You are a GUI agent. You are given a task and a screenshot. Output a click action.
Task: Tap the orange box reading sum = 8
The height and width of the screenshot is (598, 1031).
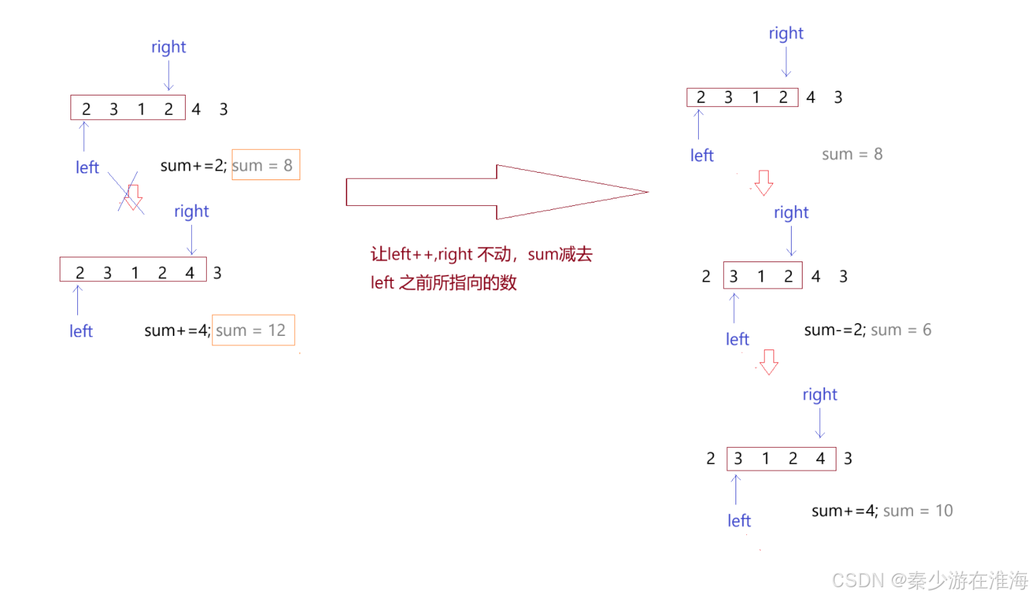click(x=266, y=165)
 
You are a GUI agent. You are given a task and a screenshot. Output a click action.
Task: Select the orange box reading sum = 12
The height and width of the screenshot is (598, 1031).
click(x=253, y=330)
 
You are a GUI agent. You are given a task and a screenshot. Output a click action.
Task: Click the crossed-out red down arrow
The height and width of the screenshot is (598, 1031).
click(x=132, y=196)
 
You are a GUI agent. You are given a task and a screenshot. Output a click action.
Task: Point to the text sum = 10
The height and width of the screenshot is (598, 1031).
click(x=918, y=511)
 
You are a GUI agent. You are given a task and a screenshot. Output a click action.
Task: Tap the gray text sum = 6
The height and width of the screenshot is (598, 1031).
click(x=901, y=330)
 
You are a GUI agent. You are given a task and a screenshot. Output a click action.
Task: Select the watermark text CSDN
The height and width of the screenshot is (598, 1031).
click(x=857, y=580)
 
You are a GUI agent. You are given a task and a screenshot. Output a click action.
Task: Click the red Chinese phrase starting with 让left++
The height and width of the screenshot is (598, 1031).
click(x=481, y=254)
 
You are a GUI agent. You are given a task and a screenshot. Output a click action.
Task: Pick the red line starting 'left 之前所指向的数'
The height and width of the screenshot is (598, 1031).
click(x=443, y=282)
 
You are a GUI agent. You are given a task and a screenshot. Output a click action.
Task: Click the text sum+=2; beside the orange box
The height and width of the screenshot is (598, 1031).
click(x=193, y=165)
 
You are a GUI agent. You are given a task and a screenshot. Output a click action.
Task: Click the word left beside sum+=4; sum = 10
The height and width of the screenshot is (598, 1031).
click(x=739, y=520)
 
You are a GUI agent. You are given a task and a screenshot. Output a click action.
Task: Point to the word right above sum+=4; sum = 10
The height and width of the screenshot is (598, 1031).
click(x=820, y=394)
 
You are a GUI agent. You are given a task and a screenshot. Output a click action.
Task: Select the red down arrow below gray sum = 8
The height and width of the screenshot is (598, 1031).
click(x=764, y=182)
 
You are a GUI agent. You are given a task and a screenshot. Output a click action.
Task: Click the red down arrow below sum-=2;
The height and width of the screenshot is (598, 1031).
click(x=769, y=362)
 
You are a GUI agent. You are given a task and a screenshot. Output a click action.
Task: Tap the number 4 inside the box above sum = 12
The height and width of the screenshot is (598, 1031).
click(x=190, y=272)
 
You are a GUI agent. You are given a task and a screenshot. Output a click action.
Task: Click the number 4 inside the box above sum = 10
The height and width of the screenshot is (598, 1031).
click(x=820, y=458)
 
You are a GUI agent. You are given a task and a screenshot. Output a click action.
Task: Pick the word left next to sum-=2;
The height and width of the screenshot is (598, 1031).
click(x=737, y=339)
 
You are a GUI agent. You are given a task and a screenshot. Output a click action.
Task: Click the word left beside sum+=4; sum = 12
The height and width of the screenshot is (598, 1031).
click(x=81, y=330)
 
